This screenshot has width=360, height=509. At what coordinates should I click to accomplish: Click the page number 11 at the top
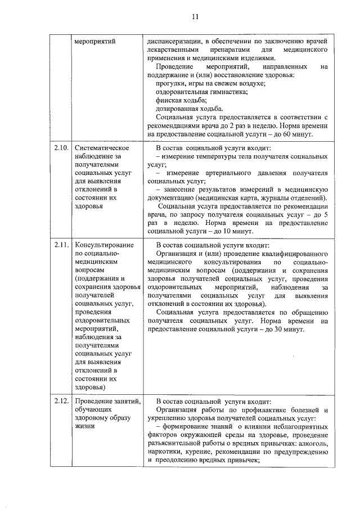(194, 16)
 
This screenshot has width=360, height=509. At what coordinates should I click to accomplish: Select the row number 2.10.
(61, 148)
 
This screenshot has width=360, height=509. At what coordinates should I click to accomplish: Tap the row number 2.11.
(61, 246)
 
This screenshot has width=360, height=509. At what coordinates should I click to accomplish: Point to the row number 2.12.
(61, 402)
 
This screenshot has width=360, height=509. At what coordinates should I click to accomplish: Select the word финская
(170, 100)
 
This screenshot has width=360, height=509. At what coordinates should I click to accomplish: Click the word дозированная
(179, 109)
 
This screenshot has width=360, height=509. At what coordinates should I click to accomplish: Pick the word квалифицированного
(294, 254)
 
